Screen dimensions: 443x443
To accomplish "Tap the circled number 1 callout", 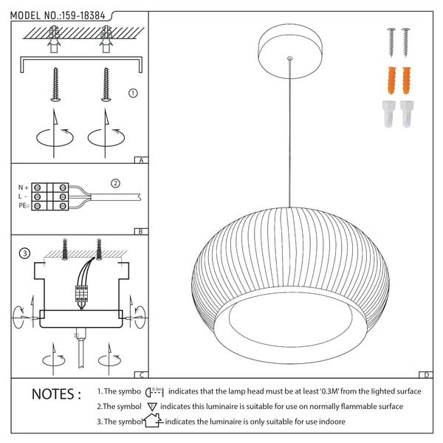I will pyautogui.click(x=133, y=94).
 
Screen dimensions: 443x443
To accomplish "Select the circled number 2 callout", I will pyautogui.click(x=115, y=183).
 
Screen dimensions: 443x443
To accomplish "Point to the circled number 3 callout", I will pyautogui.click(x=24, y=254).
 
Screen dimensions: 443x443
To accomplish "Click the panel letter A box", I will pyautogui.click(x=140, y=159).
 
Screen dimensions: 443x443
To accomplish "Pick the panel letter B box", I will pyautogui.click(x=140, y=231).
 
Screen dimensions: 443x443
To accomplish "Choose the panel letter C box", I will pyautogui.click(x=140, y=374).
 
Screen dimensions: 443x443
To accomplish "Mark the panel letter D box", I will pyautogui.click(x=427, y=374).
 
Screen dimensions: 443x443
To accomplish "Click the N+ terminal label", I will pyautogui.click(x=23, y=188).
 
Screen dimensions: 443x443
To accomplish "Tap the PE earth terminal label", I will pyautogui.click(x=23, y=206).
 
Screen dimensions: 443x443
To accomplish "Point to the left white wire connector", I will pyautogui.click(x=388, y=114).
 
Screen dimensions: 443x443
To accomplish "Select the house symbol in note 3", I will pyautogui.click(x=151, y=422).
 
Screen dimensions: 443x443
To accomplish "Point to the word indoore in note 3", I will pyautogui.click(x=329, y=422).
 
